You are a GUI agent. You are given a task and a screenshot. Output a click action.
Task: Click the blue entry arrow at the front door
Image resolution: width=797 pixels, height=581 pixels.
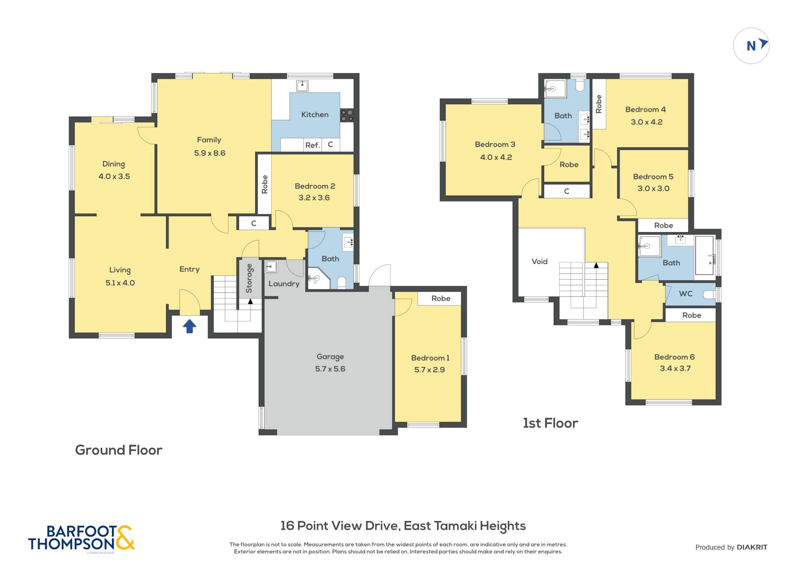(190, 326)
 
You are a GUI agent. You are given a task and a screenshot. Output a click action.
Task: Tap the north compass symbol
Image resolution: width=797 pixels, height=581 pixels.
(751, 46)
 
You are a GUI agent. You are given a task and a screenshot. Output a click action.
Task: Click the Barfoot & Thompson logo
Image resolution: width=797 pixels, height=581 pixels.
(81, 538)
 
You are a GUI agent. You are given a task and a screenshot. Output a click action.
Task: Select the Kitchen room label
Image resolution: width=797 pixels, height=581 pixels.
(315, 115)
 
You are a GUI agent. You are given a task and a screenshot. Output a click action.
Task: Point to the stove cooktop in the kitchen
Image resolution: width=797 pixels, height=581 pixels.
(347, 115)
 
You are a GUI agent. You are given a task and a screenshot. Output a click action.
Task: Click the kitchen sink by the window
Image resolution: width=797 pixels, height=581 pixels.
(302, 86)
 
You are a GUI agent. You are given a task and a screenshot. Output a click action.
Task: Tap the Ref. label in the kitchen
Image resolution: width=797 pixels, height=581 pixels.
(312, 145)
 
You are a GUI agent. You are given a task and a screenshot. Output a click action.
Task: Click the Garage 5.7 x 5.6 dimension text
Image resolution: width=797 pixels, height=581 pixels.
(330, 369)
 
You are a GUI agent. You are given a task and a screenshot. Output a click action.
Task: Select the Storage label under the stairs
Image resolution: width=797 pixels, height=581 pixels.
(249, 278)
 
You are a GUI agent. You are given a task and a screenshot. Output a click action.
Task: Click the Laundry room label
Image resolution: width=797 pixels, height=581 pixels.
(284, 284)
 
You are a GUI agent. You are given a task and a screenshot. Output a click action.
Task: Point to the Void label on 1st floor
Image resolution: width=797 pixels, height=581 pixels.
(539, 261)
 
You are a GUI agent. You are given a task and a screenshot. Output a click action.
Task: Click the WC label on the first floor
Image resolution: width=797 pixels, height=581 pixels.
(686, 294)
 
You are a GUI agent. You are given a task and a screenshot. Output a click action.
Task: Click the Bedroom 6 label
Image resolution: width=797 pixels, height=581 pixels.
(674, 357)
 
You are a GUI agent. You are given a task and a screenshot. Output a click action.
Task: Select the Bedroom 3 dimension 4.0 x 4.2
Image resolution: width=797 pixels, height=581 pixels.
(496, 157)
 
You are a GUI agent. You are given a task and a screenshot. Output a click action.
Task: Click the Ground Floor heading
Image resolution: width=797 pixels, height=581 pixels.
(119, 450)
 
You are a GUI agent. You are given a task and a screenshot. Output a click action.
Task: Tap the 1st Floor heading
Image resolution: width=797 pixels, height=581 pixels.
(550, 423)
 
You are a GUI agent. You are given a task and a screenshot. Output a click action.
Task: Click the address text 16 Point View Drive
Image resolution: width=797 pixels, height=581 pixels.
(340, 526)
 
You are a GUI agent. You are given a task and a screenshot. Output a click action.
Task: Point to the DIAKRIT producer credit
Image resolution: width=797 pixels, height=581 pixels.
(752, 547)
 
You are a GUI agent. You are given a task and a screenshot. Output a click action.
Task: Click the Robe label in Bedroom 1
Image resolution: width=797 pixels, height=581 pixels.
(441, 298)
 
